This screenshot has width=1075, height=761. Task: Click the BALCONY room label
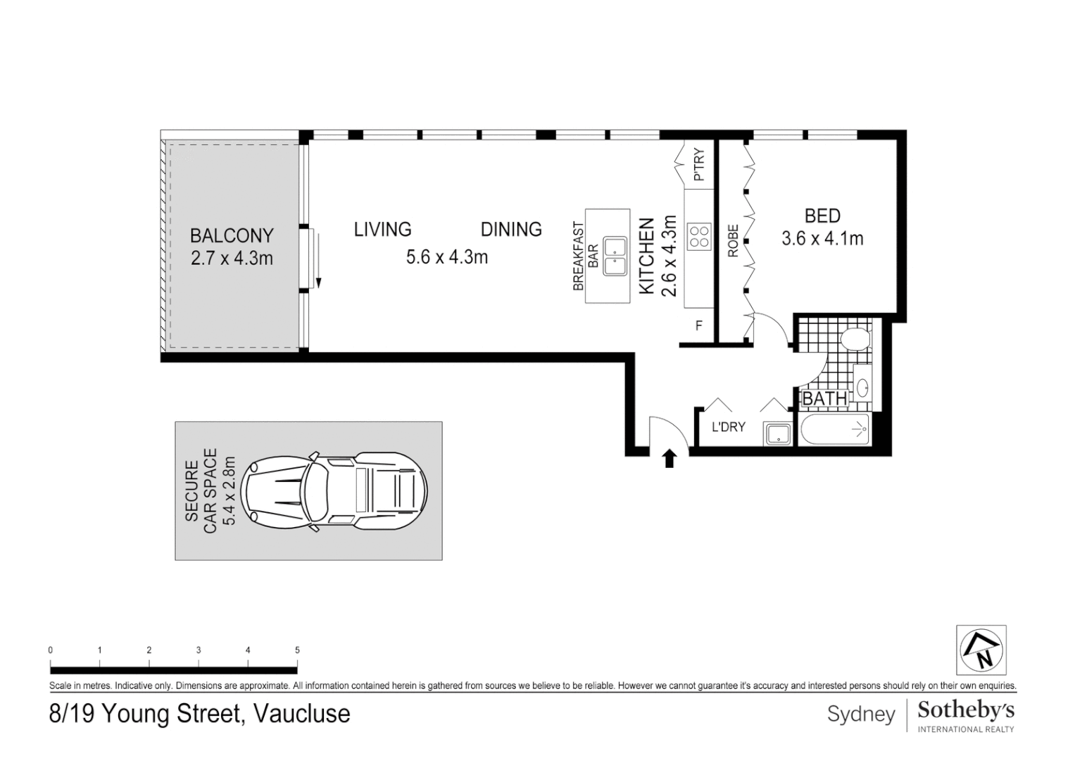click(232, 235)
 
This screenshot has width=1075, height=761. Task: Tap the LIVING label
click(382, 229)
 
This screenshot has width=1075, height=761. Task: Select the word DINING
click(511, 229)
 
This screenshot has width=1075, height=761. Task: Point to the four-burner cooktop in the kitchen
click(699, 237)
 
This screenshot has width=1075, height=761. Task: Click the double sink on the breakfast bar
click(615, 256)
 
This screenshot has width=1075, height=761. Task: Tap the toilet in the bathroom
click(855, 339)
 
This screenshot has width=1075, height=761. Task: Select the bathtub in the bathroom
click(834, 429)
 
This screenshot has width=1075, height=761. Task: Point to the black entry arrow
click(669, 459)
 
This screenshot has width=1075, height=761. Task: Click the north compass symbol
click(981, 650)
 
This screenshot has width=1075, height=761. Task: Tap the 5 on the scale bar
click(298, 650)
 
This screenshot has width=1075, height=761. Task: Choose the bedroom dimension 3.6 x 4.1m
click(822, 238)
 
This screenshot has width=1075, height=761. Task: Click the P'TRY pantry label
click(699, 164)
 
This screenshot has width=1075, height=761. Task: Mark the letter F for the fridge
click(699, 326)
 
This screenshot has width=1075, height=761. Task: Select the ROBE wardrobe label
click(733, 241)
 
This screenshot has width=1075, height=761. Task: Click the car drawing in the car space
click(334, 492)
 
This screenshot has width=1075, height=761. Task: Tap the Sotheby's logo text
click(966, 710)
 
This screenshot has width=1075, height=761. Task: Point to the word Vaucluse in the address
click(302, 713)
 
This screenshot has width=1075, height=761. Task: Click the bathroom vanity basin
click(862, 388)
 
